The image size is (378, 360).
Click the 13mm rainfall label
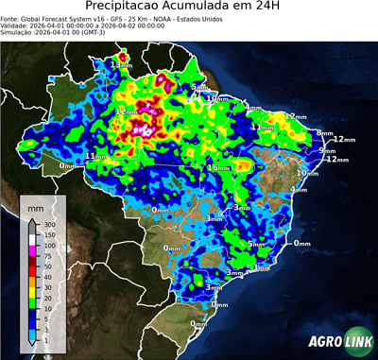pyautogui.click(x=121, y=64)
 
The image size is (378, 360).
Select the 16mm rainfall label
pyautogui.click(x=218, y=168)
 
